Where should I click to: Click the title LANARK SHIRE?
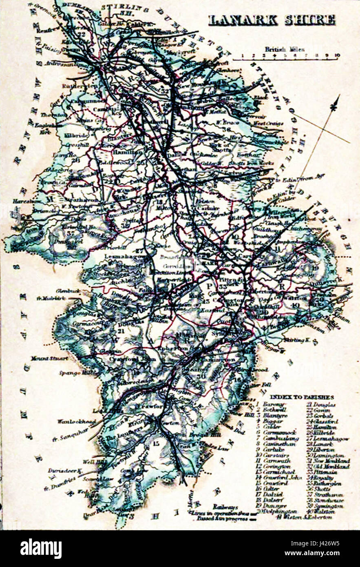point(272,20)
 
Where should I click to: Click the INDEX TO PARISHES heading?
point(302,397)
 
